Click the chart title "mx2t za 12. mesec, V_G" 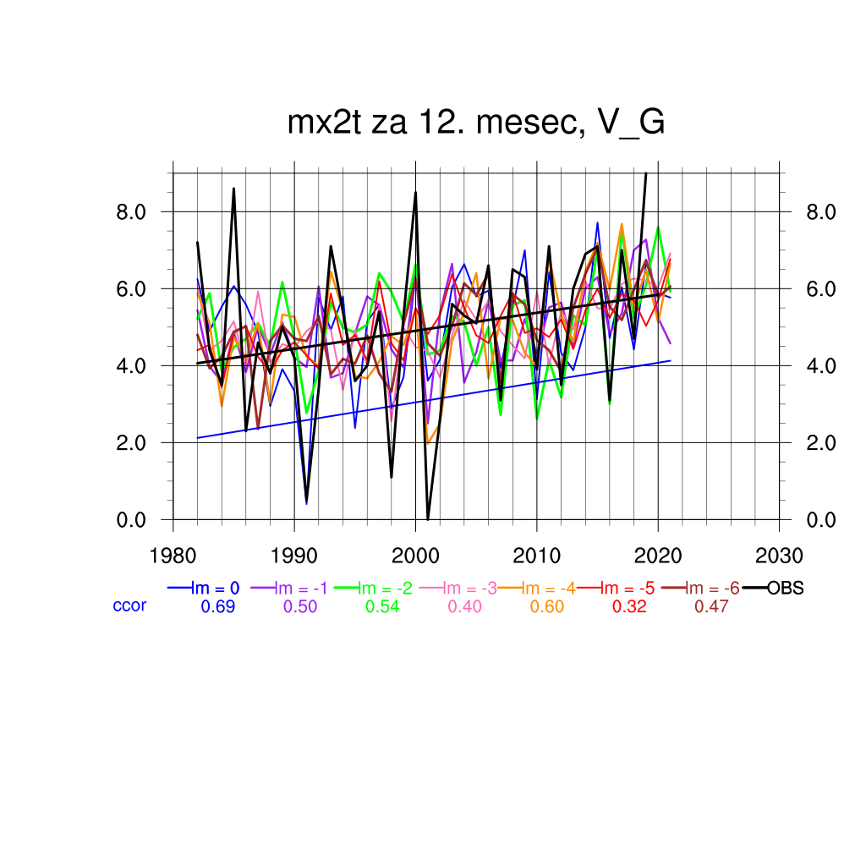point(476,123)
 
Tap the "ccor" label point(129,606)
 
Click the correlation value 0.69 point(217,607)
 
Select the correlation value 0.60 point(547,607)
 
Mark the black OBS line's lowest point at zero point(428,518)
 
